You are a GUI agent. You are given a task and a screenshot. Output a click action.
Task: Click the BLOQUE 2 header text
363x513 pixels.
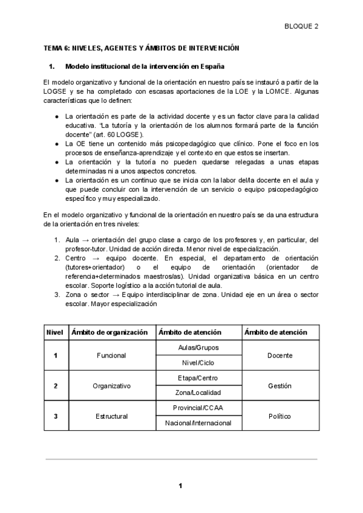301,26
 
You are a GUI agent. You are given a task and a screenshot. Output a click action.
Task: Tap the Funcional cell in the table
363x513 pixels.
111,355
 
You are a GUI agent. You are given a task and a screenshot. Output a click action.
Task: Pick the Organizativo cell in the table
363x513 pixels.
111,385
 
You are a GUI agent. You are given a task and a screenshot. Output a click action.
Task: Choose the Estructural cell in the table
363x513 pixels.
111,416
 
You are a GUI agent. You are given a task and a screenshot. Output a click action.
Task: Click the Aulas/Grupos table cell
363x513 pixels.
198,348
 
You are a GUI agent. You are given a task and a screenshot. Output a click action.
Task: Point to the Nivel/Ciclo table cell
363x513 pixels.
198,363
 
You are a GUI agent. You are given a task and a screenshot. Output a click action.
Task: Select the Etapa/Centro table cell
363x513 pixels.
198,378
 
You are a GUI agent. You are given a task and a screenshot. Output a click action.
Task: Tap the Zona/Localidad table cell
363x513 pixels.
198,393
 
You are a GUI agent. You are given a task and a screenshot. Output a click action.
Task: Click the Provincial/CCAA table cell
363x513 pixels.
198,408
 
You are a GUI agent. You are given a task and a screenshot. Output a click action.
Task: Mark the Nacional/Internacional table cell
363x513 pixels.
198,423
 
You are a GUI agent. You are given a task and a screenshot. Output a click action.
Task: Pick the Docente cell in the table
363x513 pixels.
280,355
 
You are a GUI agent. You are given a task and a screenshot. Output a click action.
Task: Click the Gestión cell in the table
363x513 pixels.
280,385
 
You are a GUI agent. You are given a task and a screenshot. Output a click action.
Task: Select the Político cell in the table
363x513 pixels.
280,416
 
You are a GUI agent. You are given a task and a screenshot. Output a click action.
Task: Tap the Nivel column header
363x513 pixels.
55,332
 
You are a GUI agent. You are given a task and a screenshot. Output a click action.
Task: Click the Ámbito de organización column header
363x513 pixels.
110,332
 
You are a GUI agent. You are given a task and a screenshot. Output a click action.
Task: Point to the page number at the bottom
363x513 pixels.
180,485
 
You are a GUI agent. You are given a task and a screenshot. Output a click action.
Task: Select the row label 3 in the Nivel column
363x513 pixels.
56,416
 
